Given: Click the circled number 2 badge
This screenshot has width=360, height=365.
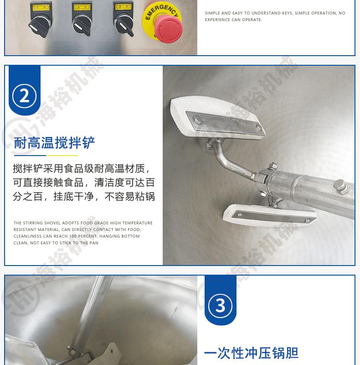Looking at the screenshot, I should click(25, 96).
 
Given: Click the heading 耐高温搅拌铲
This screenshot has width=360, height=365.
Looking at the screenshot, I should click(54, 143).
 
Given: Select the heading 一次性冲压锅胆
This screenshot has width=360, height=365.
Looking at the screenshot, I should click(251, 353).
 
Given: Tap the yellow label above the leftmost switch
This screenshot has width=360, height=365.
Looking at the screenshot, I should click(38, 6).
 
